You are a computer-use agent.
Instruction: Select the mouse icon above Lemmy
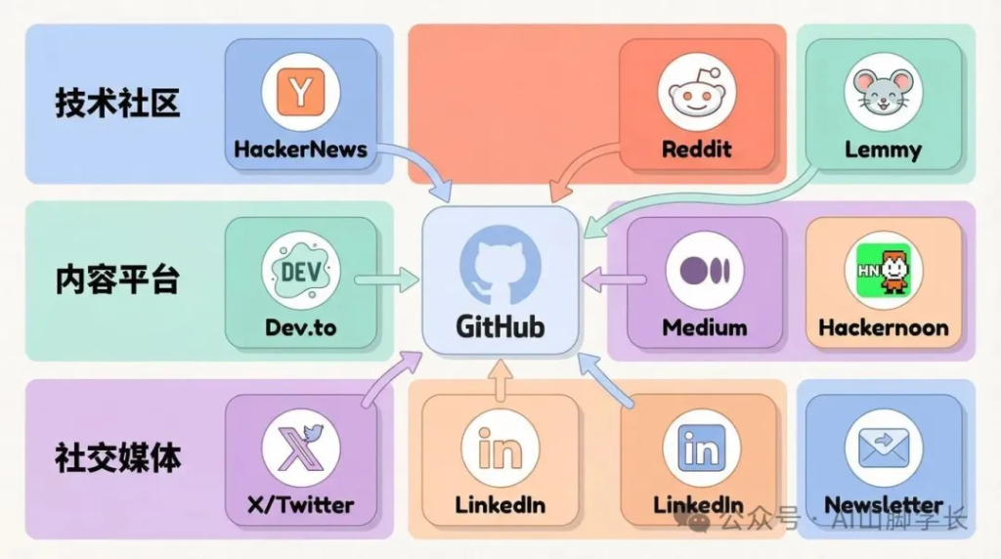click(883, 92)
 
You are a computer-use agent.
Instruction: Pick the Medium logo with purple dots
click(704, 270)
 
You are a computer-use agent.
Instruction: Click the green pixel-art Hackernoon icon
click(883, 270)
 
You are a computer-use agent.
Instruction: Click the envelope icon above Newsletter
click(883, 448)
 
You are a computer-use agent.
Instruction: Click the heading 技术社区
click(117, 103)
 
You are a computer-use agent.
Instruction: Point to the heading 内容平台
click(117, 280)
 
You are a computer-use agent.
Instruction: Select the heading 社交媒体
click(117, 457)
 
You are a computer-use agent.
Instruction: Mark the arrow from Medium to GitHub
click(613, 280)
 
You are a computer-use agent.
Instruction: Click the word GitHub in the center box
click(500, 325)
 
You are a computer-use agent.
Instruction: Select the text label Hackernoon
click(883, 327)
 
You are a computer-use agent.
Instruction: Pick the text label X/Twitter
click(300, 505)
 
